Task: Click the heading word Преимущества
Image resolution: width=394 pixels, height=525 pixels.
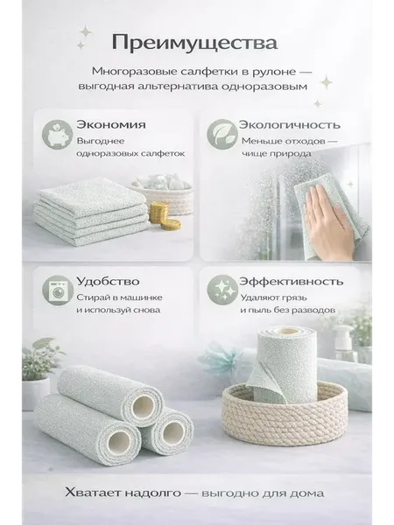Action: pyautogui.click(x=194, y=43)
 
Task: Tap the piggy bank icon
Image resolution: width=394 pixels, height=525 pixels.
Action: pyautogui.click(x=57, y=134)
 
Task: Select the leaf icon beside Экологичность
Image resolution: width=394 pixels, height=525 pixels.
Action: pyautogui.click(x=221, y=134)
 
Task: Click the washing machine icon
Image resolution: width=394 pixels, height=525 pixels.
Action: pyautogui.click(x=57, y=290)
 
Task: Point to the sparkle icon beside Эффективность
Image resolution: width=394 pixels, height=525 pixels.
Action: pyautogui.click(x=222, y=290)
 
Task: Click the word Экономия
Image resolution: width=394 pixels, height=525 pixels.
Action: pyautogui.click(x=111, y=124)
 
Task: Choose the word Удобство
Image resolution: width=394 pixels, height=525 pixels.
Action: pyautogui.click(x=108, y=281)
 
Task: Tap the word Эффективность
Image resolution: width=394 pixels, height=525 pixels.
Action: pyautogui.click(x=292, y=281)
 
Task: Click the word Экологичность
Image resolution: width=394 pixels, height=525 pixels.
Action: pyautogui.click(x=290, y=124)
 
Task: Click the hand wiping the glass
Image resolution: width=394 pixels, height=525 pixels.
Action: pyautogui.click(x=330, y=222)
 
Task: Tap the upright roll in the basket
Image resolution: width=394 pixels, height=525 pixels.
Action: pyautogui.click(x=285, y=365)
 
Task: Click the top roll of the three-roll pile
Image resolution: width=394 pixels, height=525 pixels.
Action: pyautogui.click(x=110, y=395)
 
